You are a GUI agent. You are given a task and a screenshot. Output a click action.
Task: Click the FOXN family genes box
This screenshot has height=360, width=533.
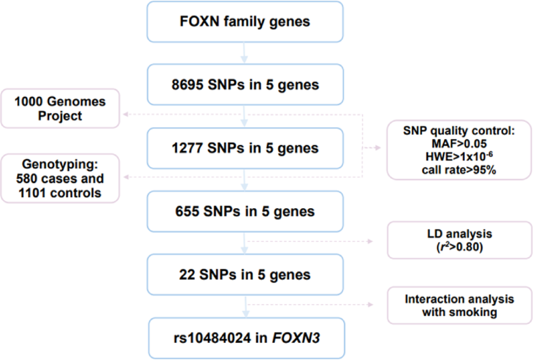click(x=245, y=22)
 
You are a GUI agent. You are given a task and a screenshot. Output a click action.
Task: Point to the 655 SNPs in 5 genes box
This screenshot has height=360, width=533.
click(x=245, y=211)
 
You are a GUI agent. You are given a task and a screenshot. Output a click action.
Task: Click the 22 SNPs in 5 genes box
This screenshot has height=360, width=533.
click(x=245, y=275)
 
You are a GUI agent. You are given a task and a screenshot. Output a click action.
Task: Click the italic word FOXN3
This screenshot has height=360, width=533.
click(x=296, y=338)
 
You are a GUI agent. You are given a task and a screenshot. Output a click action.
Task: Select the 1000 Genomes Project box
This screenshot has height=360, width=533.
click(x=60, y=108)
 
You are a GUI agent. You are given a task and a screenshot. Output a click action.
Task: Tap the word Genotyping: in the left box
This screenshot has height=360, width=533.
click(x=60, y=164)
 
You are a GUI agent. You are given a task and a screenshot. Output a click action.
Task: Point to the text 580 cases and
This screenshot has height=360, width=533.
click(x=60, y=178)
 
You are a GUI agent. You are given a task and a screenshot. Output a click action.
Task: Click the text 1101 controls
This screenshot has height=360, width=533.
click(x=60, y=193)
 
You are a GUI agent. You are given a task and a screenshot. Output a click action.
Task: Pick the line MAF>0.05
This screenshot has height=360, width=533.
click(x=459, y=144)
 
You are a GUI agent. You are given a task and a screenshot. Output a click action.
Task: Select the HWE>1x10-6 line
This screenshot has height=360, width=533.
click(x=459, y=157)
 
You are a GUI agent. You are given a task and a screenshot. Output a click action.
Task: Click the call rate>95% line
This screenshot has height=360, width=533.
click(x=459, y=170)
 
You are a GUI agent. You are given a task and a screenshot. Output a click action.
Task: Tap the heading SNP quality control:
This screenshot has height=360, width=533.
click(x=459, y=131)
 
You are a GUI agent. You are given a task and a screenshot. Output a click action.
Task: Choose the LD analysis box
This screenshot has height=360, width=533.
click(x=459, y=240)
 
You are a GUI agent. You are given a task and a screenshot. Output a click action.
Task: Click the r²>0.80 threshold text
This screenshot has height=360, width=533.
click(x=459, y=247)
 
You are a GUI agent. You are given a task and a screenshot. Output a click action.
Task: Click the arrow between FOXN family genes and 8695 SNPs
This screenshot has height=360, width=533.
click(x=244, y=53)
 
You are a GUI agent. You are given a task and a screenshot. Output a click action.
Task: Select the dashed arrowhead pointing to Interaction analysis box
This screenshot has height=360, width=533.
click(x=371, y=305)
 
